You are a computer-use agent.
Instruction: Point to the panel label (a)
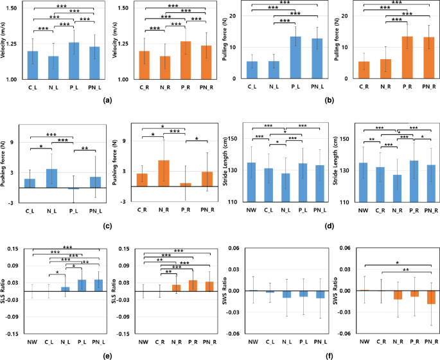107,100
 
